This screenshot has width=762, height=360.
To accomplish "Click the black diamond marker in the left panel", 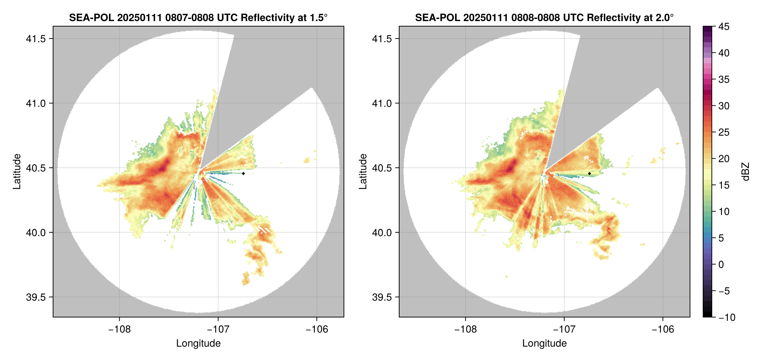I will [243, 173].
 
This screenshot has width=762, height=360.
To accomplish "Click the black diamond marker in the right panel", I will [589, 173].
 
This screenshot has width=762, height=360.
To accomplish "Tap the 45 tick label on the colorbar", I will [723, 27].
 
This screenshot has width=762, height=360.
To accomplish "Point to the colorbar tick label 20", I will [723, 159].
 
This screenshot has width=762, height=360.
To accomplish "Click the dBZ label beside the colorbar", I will [746, 172].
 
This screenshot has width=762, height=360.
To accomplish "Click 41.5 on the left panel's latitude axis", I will [36, 39].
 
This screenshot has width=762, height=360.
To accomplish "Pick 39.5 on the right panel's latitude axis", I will [382, 297].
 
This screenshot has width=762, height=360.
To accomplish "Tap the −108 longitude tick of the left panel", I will [119, 329].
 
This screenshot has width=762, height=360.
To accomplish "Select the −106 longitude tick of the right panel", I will [663, 329].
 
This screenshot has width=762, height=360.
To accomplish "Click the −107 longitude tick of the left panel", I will [218, 329].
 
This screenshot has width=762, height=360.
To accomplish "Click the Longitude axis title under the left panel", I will [198, 343].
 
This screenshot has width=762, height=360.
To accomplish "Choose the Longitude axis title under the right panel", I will [545, 343].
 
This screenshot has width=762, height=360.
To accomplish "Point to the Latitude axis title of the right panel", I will [363, 172].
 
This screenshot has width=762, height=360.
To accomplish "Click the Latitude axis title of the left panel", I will [17, 172].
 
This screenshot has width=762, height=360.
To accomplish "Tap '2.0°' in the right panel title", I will [662, 18].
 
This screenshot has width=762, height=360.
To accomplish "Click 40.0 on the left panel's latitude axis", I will [36, 232].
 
